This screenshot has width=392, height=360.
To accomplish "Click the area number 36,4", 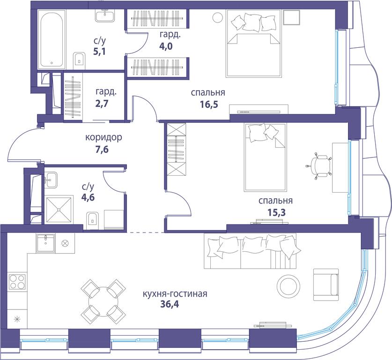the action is pyautogui.click(x=170, y=305).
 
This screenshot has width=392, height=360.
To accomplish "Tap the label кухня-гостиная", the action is pyautogui.click(x=175, y=293).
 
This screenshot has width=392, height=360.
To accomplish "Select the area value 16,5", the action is pyautogui.click(x=209, y=104).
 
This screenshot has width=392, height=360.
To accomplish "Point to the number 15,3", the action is pyautogui.click(x=276, y=212).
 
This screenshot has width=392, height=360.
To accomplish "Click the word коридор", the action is pyautogui.click(x=104, y=138).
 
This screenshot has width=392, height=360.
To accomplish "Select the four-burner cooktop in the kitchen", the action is pyautogui.click(x=17, y=282).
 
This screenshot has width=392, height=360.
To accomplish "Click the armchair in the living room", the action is pyautogui.click(x=326, y=285).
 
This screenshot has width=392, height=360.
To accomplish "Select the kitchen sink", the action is pyautogui.click(x=45, y=243).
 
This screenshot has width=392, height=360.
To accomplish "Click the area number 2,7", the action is pyautogui.click(x=102, y=103).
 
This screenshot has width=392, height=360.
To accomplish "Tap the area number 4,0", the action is pyautogui.click(x=166, y=46).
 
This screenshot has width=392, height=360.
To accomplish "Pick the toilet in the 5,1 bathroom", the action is pyautogui.click(x=80, y=61).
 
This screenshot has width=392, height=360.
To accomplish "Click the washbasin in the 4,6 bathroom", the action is pyautogui.click(x=51, y=180).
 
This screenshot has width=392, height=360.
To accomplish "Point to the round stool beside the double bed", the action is pyautogui.click(x=217, y=17).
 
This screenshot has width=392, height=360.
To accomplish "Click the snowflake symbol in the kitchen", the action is pyautogui.click(x=17, y=319).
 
